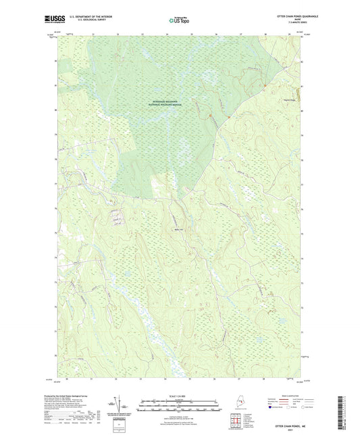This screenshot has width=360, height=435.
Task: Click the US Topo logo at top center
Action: pyautogui.click(x=180, y=21)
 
